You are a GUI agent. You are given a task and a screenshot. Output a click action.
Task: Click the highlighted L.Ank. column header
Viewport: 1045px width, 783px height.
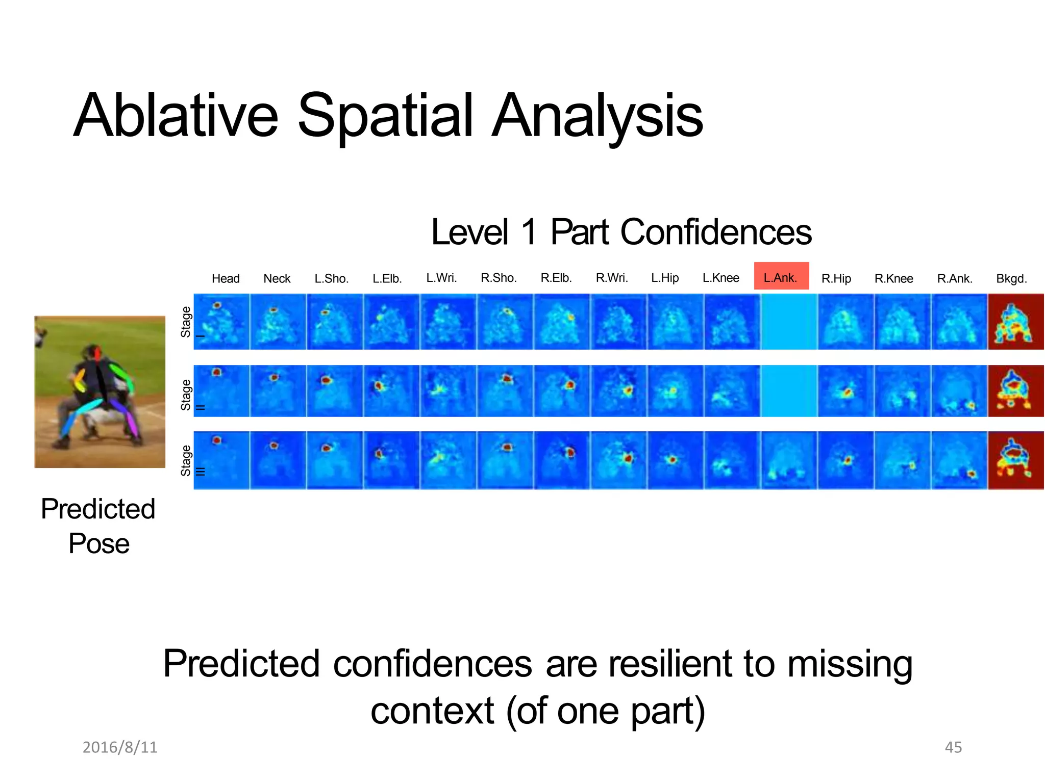pyautogui.click(x=781, y=277)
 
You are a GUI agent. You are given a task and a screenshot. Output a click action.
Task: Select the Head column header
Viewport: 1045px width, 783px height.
pyautogui.click(x=226, y=279)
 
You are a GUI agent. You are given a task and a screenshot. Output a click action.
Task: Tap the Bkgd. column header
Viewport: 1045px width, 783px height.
pyautogui.click(x=1011, y=279)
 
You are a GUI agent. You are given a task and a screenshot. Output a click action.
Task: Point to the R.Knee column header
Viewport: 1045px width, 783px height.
pyautogui.click(x=893, y=279)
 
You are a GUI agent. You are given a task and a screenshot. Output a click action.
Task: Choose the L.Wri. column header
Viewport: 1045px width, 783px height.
pyautogui.click(x=441, y=278)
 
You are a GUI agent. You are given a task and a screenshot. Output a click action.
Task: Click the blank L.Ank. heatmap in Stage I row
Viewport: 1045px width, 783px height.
pyautogui.click(x=788, y=322)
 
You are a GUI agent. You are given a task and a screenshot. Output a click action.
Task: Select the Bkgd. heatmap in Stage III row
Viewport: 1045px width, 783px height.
pyautogui.click(x=1015, y=460)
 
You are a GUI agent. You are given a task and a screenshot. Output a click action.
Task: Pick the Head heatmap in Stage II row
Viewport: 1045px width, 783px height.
pyautogui.click(x=221, y=391)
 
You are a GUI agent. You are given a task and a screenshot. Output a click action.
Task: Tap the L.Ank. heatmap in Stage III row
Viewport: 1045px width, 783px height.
pyautogui.click(x=788, y=460)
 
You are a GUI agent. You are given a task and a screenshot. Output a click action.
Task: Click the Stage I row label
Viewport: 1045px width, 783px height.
pyautogui.click(x=186, y=322)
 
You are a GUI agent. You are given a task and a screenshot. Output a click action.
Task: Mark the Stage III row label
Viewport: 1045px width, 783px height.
pyautogui.click(x=186, y=461)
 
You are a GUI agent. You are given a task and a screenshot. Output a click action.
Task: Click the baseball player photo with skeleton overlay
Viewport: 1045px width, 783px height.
pyautogui.click(x=99, y=391)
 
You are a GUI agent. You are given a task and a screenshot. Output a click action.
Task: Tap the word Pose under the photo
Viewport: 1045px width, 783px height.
pyautogui.click(x=99, y=543)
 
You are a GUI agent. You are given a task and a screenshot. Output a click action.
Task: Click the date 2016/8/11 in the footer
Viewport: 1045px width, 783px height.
pyautogui.click(x=120, y=747)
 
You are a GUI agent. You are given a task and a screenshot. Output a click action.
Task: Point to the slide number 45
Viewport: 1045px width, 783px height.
pyautogui.click(x=953, y=747)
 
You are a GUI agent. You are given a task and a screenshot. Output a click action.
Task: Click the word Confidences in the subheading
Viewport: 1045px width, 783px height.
pyautogui.click(x=715, y=232)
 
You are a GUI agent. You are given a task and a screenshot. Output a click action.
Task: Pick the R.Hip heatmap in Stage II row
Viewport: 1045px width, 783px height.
pyautogui.click(x=845, y=391)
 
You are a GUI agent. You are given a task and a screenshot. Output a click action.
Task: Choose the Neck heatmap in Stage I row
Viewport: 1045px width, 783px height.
pyautogui.click(x=278, y=322)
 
